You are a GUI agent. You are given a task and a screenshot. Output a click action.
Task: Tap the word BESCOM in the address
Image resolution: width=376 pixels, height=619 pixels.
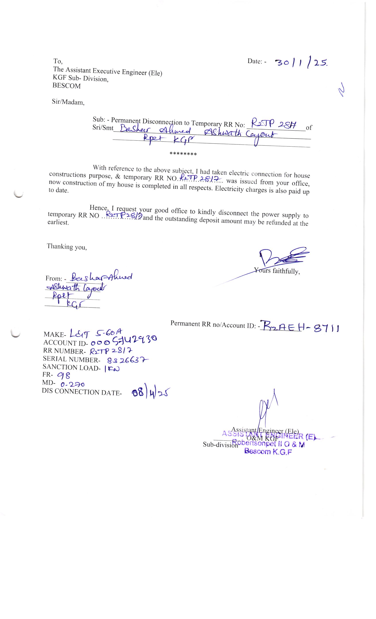pyautogui.click(x=66, y=86)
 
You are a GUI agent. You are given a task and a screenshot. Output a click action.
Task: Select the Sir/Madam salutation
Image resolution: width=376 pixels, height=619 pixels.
pyautogui.click(x=68, y=102)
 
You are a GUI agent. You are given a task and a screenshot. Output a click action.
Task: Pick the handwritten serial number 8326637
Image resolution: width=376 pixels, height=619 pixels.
pyautogui.click(x=128, y=360)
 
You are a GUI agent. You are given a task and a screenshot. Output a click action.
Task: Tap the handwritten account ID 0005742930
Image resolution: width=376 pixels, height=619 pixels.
pyautogui.click(x=123, y=341)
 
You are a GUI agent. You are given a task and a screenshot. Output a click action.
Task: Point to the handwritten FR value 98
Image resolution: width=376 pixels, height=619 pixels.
pyautogui.click(x=64, y=375)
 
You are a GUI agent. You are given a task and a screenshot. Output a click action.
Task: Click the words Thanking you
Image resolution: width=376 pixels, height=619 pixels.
pyautogui.click(x=67, y=247)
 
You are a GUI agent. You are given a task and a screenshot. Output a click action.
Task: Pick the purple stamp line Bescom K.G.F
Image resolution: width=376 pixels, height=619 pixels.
pyautogui.click(x=268, y=451)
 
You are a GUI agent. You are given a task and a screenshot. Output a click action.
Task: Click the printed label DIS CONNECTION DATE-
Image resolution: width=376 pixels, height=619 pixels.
pyautogui.click(x=82, y=392)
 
